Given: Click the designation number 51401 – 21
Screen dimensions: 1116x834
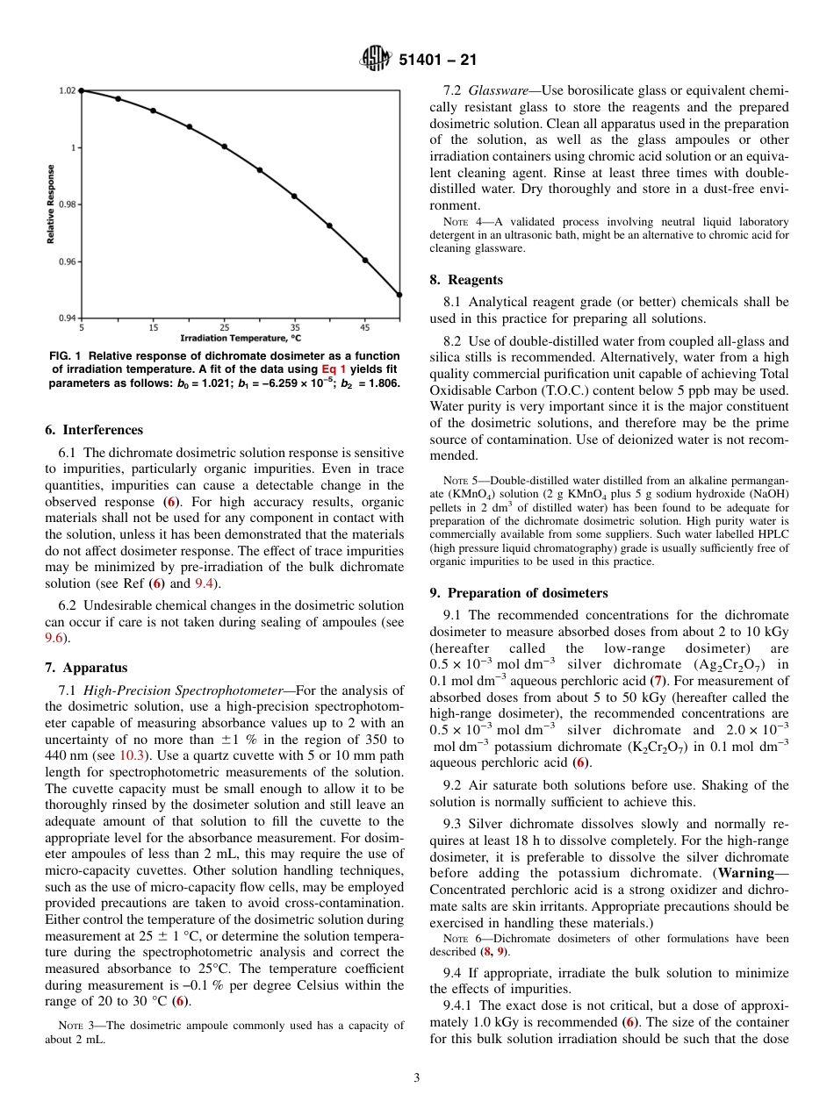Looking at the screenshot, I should tap(438, 61).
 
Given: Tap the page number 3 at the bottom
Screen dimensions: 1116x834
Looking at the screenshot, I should tap(416, 1077).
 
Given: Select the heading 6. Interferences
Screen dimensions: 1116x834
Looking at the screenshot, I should tap(94, 430).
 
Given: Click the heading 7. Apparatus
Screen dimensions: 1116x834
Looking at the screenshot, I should tap(86, 668).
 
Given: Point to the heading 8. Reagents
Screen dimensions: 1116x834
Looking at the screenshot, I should tap(466, 280).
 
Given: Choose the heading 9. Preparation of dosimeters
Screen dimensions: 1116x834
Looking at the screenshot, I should tap(519, 593).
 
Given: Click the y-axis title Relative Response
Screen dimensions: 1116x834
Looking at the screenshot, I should tap(52, 204).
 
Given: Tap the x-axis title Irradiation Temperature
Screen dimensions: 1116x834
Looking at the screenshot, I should tap(241, 338).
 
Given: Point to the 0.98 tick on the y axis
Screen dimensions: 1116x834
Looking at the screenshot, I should tap(68, 204).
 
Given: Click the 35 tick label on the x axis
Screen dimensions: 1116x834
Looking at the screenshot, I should tap(295, 327).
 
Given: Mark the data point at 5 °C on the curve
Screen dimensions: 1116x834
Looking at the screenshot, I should tap(82, 90).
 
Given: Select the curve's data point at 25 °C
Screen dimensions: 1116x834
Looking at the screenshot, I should tap(224, 147).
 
